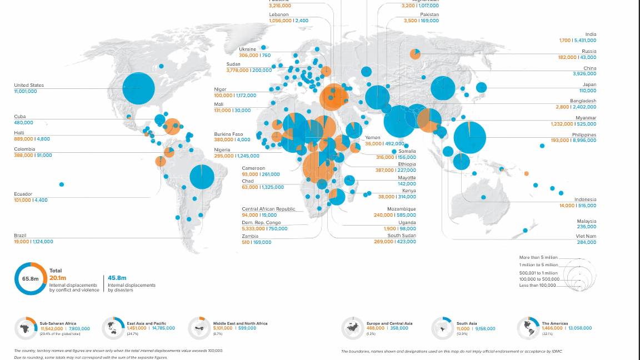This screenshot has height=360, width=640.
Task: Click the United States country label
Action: coord(29,85)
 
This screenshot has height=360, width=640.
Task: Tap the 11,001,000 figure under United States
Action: coord(26,91)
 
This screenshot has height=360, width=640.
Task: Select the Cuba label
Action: coord(20,116)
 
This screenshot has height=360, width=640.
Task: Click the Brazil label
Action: coord(20,236)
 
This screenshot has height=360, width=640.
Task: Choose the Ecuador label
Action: coord(23,194)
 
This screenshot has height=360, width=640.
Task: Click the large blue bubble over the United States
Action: coord(138,88)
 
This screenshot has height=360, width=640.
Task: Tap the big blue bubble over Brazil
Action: coord(202,177)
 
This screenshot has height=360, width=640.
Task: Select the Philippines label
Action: coord(584,134)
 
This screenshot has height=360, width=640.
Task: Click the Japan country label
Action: coord(589,84)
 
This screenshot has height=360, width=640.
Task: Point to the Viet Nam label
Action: coord(587,236)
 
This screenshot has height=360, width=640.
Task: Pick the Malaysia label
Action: coord(586,221)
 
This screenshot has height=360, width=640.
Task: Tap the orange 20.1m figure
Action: coord(57,278)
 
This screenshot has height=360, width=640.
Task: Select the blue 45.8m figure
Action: coord(117,278)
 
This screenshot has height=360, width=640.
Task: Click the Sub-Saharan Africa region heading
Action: coord(58,323)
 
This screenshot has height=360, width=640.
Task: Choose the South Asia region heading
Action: coord(466,323)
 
